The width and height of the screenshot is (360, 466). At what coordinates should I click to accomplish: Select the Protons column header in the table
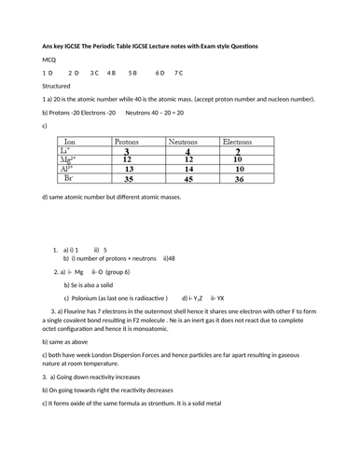[x=126, y=142]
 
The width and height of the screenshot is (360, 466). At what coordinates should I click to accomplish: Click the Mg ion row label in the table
[x=63, y=159]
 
